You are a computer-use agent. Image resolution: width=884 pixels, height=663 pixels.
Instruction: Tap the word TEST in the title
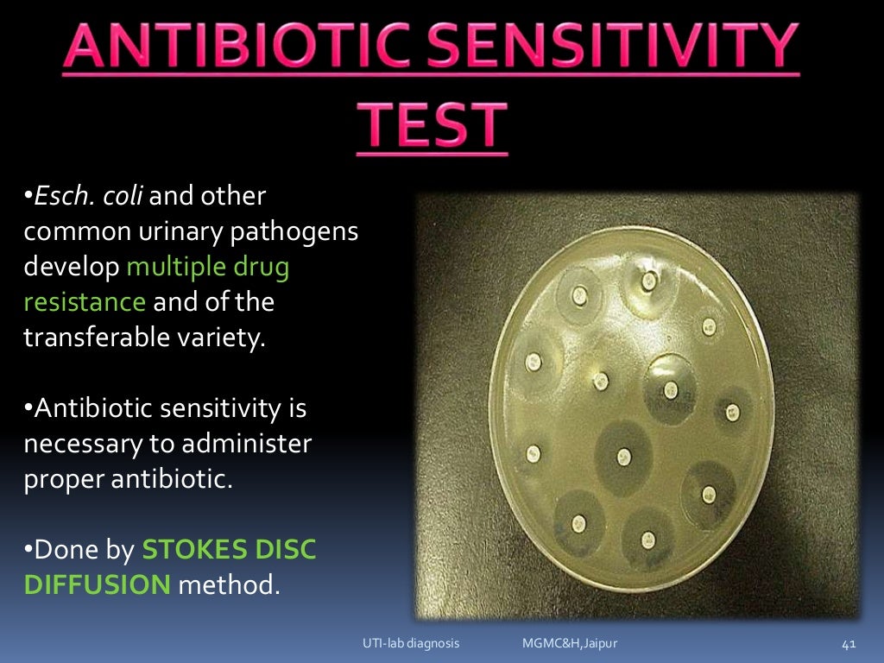[x=433, y=124]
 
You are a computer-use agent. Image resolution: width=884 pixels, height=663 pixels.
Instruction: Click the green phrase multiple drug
[x=208, y=268]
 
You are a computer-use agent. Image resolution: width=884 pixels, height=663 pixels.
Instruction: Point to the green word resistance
[x=85, y=302]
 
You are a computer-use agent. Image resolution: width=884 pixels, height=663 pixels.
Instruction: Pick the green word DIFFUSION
[x=97, y=585]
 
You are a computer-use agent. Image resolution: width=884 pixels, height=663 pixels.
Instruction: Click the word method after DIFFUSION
[x=230, y=585]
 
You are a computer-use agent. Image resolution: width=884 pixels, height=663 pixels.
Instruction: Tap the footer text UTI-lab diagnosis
[x=410, y=644]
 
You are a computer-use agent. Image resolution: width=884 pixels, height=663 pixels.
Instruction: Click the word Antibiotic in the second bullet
[x=105, y=408]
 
